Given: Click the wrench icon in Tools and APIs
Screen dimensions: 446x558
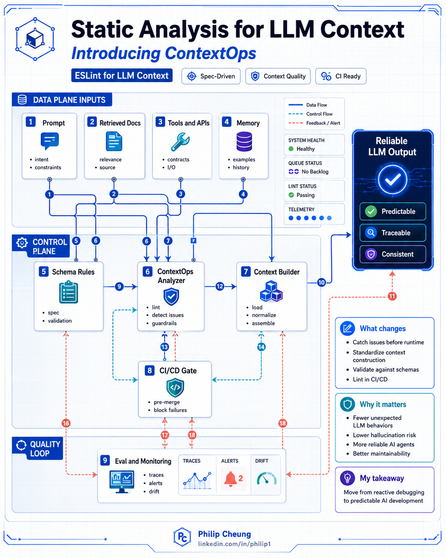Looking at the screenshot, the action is click(x=180, y=142).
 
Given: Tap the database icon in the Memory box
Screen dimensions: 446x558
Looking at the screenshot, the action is click(x=244, y=142).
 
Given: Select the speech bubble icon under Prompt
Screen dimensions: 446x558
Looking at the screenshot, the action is click(x=50, y=141).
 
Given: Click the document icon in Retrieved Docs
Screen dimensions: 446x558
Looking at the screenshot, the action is click(x=114, y=141).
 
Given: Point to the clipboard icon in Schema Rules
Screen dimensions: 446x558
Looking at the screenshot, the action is click(x=68, y=292).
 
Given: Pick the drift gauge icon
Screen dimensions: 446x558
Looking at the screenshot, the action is click(x=266, y=478).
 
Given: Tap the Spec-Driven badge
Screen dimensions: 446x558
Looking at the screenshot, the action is click(x=211, y=76).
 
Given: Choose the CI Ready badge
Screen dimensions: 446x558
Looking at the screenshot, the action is click(x=341, y=76).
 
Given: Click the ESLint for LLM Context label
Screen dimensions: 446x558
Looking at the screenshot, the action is click(x=122, y=76).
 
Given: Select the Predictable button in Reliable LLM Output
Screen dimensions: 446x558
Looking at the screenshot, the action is click(x=393, y=211).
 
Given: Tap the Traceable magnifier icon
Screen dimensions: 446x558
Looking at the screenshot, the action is click(x=371, y=232).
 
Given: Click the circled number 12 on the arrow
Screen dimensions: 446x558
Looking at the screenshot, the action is click(x=220, y=287).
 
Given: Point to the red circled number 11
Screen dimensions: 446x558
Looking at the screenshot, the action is click(x=392, y=296).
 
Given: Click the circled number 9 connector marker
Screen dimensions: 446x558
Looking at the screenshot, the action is click(x=119, y=287).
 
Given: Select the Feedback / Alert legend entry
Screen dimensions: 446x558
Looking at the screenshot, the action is click(x=314, y=123).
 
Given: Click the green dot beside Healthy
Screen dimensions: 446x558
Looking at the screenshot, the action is click(x=291, y=149).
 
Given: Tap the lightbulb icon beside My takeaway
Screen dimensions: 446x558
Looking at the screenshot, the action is click(x=347, y=478).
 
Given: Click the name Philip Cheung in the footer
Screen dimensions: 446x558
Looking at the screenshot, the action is click(x=225, y=534).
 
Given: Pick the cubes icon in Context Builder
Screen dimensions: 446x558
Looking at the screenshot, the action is click(x=271, y=291).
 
